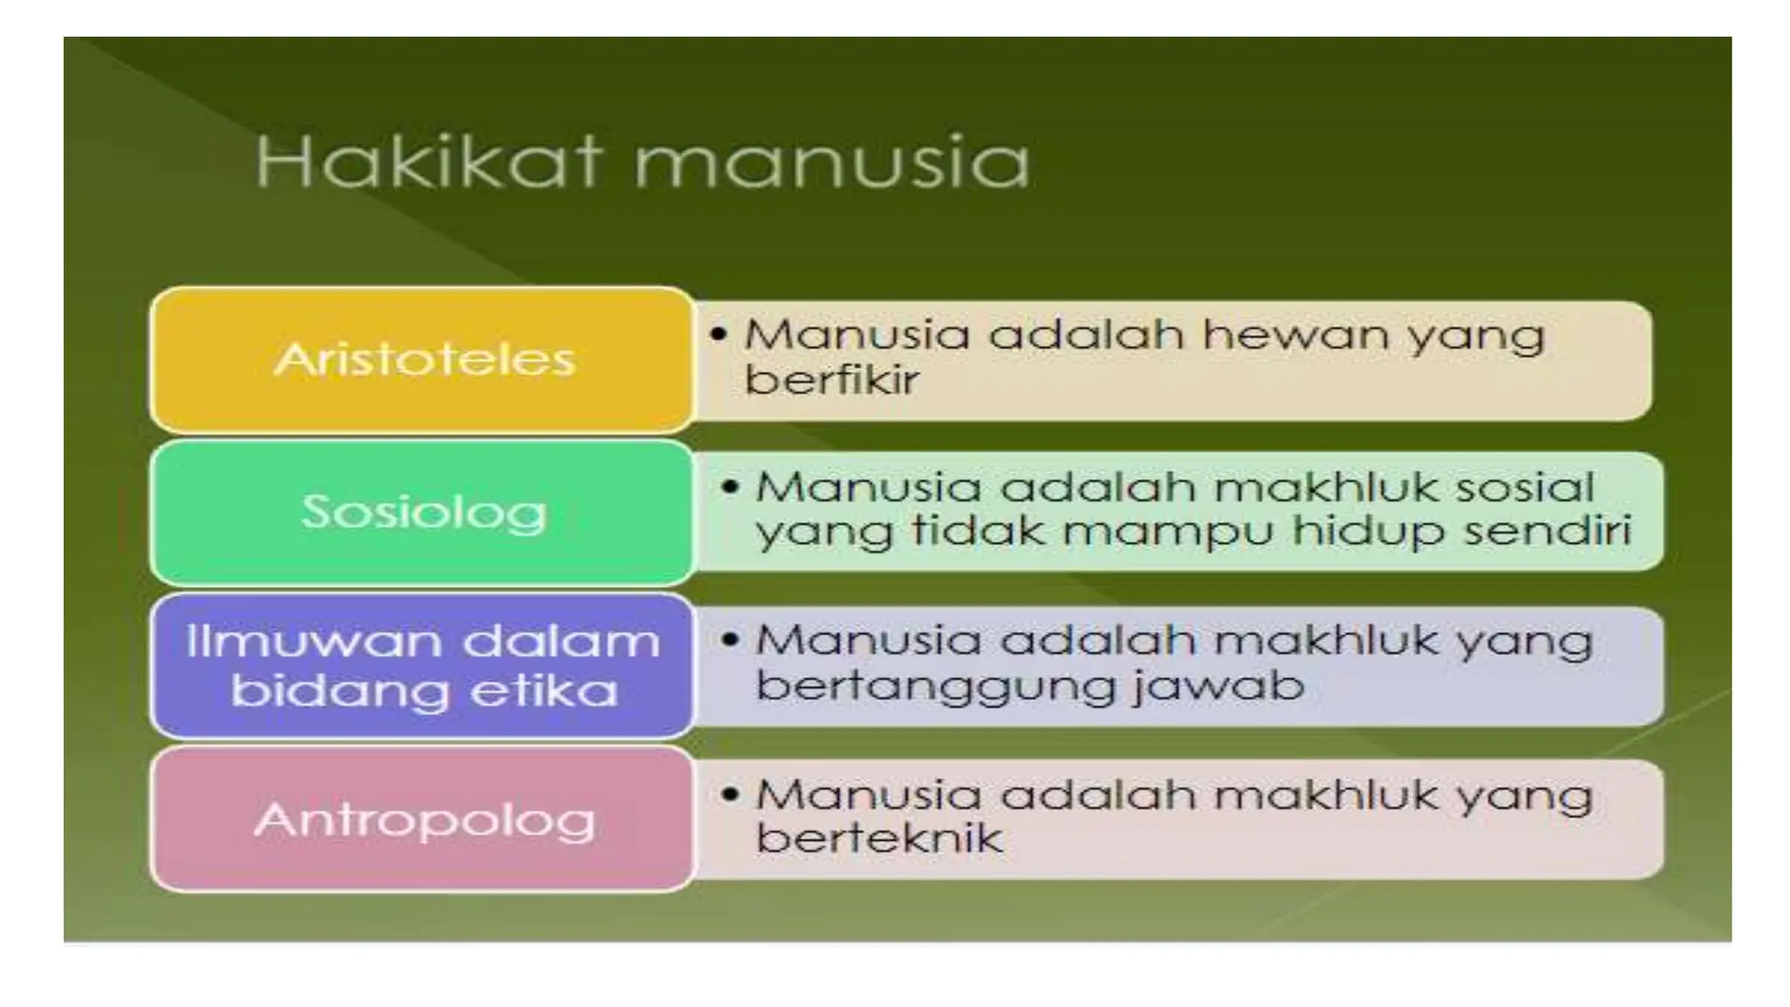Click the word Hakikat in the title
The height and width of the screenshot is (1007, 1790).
point(428,163)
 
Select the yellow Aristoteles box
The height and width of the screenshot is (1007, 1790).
point(423,360)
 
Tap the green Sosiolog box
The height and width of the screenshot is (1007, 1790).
point(423,512)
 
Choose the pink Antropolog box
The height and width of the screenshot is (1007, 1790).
point(423,820)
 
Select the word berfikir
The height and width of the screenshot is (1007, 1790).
point(830,381)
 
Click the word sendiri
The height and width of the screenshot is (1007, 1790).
point(1547,531)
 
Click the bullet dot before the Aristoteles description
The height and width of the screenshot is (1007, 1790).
point(718,335)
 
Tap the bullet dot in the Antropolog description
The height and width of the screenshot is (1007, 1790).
point(731,795)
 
